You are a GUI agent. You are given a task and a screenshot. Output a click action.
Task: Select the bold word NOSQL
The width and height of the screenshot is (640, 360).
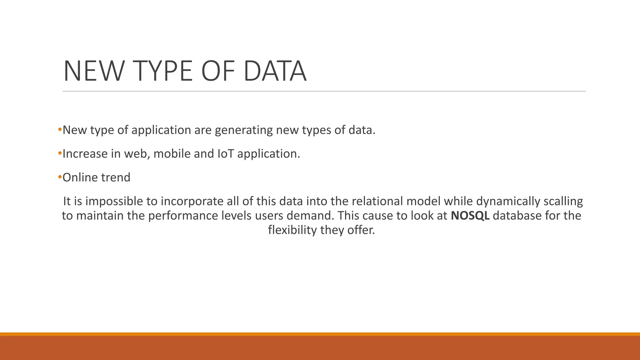[470, 216]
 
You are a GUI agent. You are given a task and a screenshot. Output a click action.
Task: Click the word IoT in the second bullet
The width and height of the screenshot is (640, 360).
[225, 154]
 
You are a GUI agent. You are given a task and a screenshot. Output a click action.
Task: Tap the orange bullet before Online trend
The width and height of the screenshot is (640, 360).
[60, 177]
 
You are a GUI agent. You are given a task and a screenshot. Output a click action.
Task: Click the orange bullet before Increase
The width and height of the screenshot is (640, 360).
[60, 153]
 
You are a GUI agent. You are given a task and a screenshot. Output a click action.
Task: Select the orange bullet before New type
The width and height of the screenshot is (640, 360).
[60, 129]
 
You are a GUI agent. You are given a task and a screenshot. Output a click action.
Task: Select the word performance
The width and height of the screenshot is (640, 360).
[178, 216]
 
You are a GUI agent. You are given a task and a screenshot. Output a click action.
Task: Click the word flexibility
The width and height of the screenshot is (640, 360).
[292, 230]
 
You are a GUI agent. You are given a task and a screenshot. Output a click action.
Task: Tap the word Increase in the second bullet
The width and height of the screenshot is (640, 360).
[85, 154]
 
